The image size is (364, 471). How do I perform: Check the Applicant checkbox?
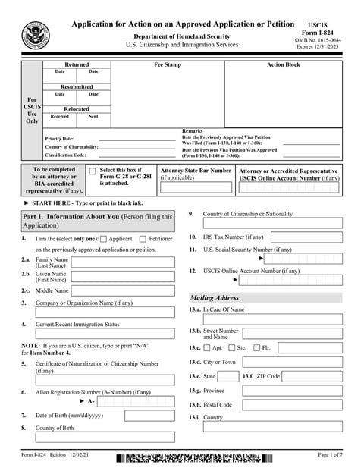104,239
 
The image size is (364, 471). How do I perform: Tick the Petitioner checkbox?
144,239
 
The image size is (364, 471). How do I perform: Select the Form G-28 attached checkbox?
93,172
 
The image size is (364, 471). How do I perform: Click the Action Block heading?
283,65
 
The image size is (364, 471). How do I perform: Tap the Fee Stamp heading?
168,65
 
